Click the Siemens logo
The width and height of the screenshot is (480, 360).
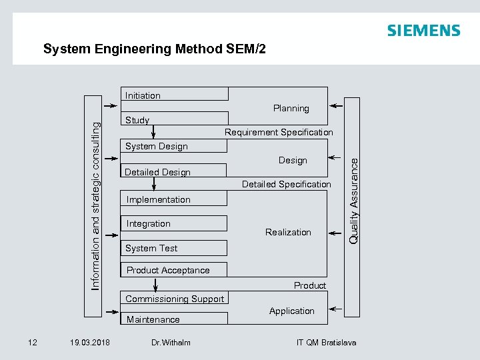tap(423, 31)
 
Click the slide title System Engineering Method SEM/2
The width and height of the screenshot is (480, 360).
tap(154, 49)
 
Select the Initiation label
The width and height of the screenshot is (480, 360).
tap(143, 95)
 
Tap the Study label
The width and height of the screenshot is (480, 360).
tap(137, 121)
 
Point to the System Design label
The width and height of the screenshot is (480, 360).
tap(157, 146)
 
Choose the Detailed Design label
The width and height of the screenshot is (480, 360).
tap(157, 172)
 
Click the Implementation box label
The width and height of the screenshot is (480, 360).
tap(158, 199)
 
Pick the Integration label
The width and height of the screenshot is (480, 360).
tap(149, 223)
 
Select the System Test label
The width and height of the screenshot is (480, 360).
tap(151, 248)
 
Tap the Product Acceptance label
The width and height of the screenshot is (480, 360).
tap(168, 270)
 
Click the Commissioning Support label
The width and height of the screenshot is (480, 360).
tap(175, 299)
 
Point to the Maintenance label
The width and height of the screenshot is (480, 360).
tap(153, 319)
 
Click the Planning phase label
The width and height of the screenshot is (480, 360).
tap(291, 108)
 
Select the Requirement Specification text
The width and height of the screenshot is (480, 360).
tap(279, 132)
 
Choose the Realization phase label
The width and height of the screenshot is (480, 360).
tap(288, 232)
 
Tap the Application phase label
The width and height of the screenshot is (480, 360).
tap(291, 311)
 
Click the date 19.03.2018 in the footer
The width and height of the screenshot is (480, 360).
tap(90, 343)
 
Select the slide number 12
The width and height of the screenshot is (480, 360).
tap(32, 343)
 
